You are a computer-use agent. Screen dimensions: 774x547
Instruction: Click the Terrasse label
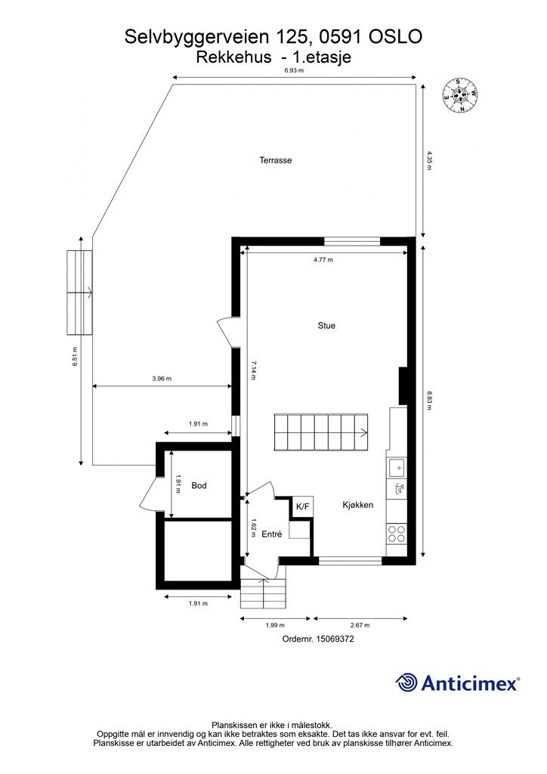[x=275, y=160]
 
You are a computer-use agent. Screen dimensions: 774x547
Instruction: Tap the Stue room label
[x=326, y=326]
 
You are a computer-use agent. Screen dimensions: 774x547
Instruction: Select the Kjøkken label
[x=357, y=505]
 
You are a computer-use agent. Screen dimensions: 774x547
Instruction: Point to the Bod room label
[x=199, y=485]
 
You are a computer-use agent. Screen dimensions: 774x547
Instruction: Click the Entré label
[x=271, y=534]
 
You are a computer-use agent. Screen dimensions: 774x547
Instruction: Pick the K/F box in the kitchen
[x=302, y=506]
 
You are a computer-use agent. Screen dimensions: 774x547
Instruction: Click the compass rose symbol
[x=459, y=94]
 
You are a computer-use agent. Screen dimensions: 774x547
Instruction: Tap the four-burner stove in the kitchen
[x=397, y=534]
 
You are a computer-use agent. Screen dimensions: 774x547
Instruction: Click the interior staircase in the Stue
[x=321, y=433]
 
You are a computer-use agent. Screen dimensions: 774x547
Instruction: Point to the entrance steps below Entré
[x=264, y=593]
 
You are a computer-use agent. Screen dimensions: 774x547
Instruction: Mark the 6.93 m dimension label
[x=294, y=70]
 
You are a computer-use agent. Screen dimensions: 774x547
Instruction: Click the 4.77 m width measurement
[x=323, y=259]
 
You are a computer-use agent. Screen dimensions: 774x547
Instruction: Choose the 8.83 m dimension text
[x=428, y=400]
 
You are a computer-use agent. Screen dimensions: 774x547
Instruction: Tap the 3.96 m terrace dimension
[x=162, y=379]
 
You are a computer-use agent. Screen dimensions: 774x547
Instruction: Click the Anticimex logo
[x=457, y=683]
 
